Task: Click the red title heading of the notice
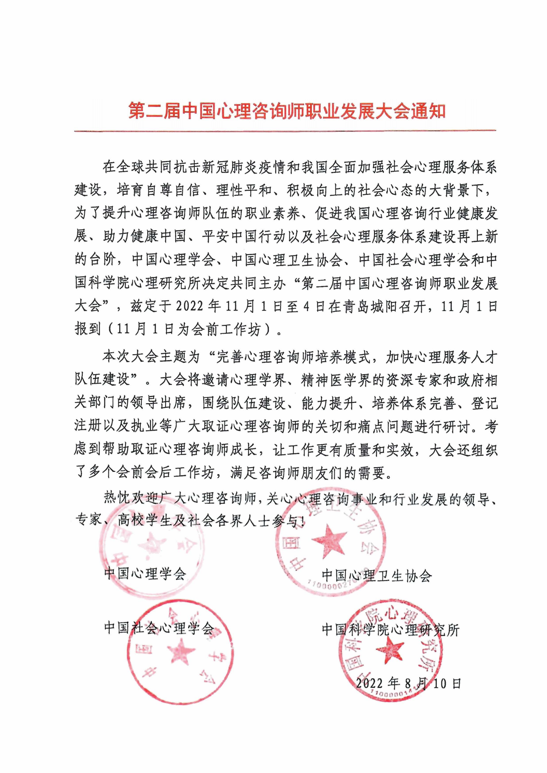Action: (x=287, y=111)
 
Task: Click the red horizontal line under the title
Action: (x=285, y=130)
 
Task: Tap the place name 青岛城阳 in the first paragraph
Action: (x=364, y=306)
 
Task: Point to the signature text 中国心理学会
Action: (x=145, y=573)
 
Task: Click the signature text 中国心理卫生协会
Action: (x=376, y=575)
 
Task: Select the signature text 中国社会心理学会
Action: (x=159, y=628)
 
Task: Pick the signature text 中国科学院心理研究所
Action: (x=391, y=630)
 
